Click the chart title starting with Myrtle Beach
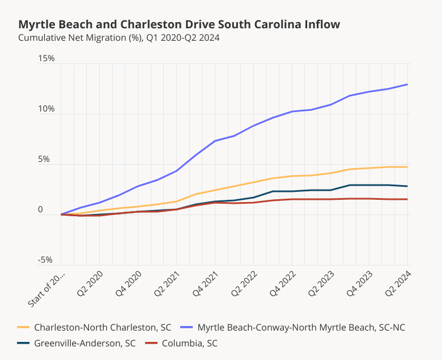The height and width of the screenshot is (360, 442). pos(179,24)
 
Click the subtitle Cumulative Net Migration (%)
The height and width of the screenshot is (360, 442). pos(118,38)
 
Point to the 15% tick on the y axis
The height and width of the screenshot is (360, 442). pos(46,58)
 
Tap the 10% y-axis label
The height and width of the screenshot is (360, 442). pos(46,109)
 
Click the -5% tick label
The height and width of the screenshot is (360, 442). pos(45,260)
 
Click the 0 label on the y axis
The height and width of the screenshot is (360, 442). pos(40,209)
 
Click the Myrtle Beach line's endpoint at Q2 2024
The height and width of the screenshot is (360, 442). pos(408,84)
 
